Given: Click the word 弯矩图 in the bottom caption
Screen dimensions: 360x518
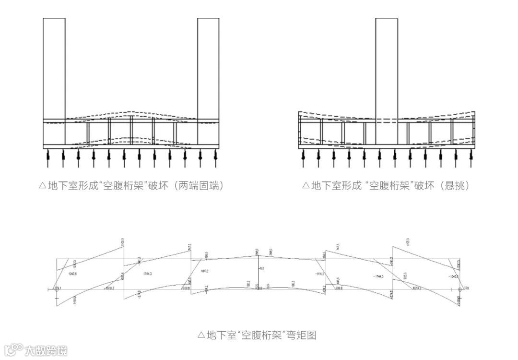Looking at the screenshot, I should point(301,335).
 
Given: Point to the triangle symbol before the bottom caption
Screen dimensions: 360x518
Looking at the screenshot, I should point(201,335).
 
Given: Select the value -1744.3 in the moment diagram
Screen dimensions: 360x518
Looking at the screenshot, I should point(379,276).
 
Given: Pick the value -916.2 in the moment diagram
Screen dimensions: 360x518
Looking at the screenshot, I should point(319,274).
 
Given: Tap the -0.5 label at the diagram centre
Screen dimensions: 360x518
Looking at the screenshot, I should point(261,268).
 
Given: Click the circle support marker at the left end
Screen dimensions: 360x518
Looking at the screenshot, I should point(56,289).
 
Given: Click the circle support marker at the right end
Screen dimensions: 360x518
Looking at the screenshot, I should point(459,289).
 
